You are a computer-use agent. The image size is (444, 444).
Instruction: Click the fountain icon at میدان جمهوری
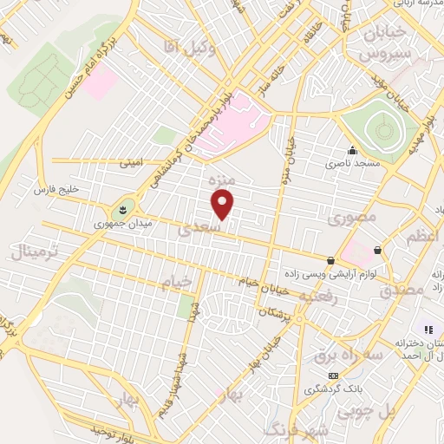(x=122, y=208)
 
